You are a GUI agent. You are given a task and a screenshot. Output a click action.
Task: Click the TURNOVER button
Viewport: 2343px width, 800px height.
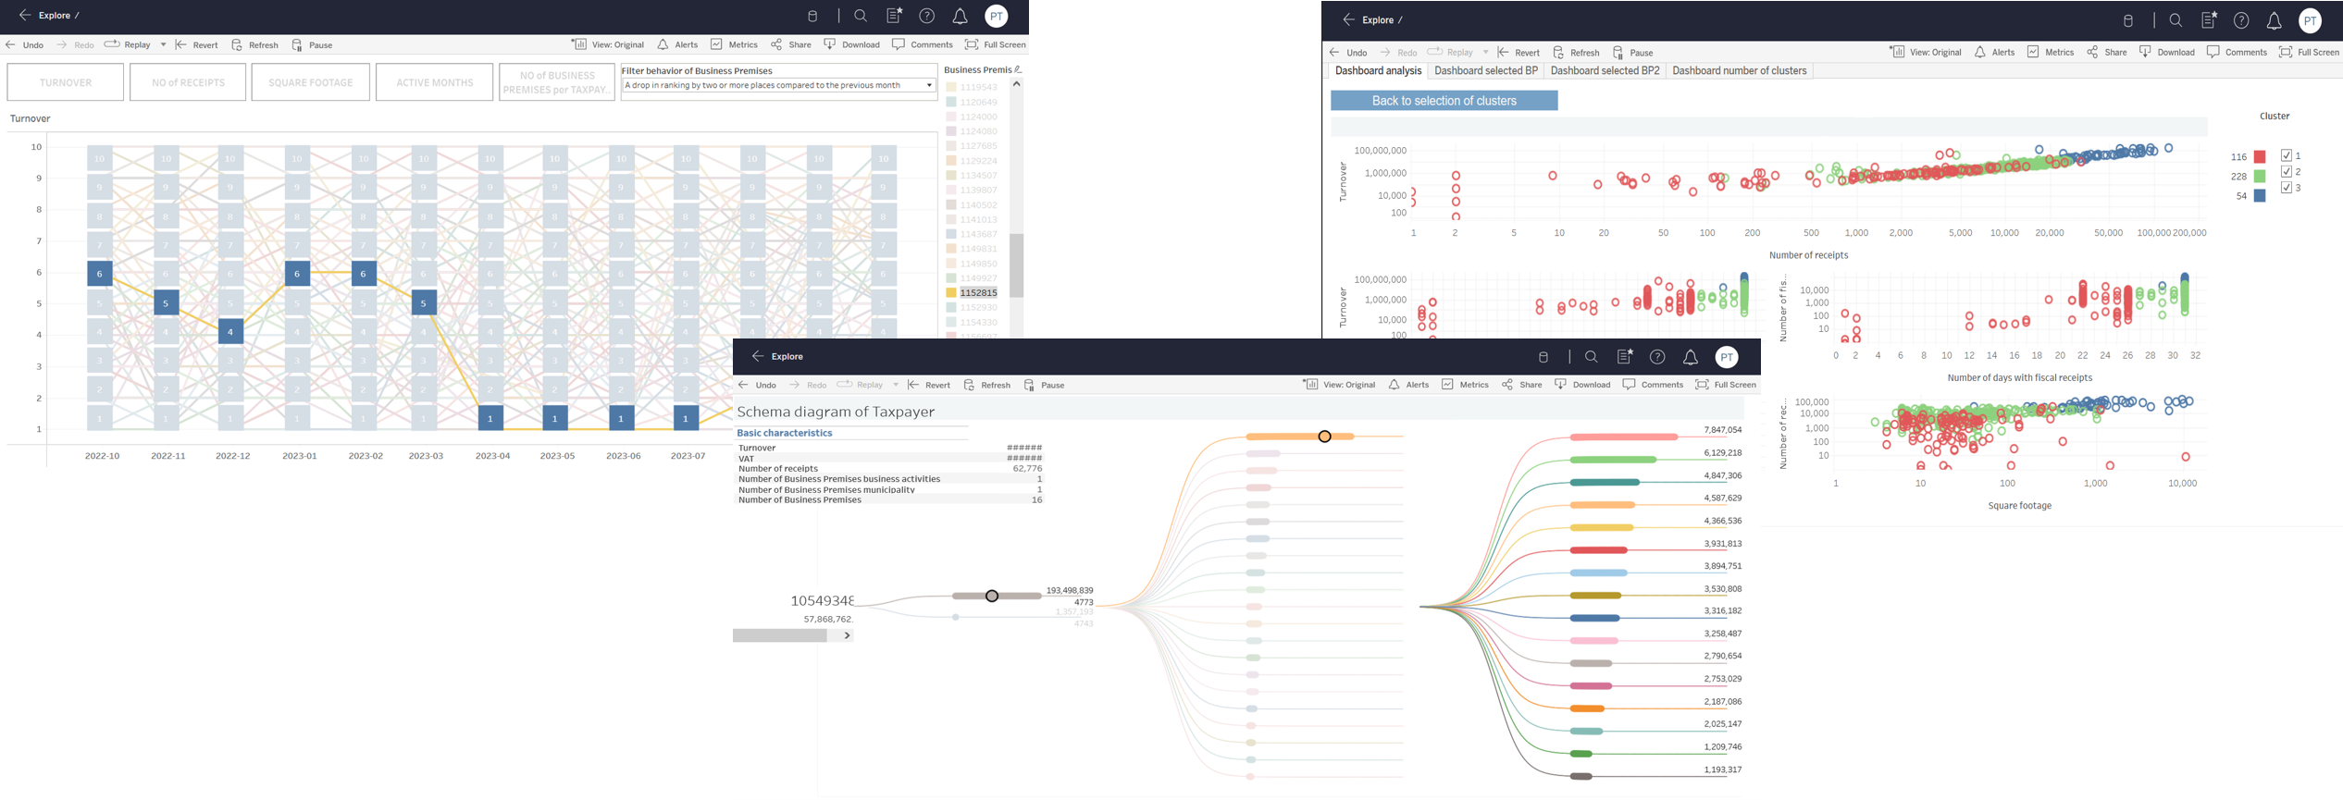tap(65, 82)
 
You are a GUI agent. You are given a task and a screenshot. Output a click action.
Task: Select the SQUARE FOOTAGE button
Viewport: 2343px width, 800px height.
tap(310, 82)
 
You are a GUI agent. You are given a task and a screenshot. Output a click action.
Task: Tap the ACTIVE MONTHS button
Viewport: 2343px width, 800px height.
tap(434, 82)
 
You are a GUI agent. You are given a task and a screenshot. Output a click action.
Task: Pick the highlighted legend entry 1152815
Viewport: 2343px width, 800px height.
tap(977, 293)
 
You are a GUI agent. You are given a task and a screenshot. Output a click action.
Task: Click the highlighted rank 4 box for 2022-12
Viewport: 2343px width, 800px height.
tap(230, 331)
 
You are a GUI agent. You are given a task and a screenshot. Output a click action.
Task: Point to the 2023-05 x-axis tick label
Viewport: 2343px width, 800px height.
tap(557, 456)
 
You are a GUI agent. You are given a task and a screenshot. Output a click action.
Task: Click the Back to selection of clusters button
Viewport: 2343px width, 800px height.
tap(1444, 101)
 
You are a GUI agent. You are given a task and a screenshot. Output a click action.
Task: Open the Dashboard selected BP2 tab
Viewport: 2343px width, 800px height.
tap(1605, 71)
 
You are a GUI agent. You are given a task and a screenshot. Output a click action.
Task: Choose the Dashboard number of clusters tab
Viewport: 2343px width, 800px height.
tap(1739, 71)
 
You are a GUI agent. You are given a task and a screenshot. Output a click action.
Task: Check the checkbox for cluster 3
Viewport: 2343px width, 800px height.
tap(2287, 188)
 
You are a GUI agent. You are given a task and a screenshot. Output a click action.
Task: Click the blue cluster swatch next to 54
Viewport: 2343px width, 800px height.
tap(2260, 196)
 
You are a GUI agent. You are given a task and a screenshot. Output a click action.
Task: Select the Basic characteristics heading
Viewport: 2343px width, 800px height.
tap(784, 433)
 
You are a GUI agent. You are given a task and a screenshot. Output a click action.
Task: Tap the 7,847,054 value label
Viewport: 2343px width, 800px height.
tap(1722, 430)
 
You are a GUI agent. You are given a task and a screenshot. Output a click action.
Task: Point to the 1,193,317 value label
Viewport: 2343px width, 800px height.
tap(1722, 769)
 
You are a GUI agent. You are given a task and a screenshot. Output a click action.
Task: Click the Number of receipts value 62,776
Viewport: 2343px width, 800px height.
tap(1027, 469)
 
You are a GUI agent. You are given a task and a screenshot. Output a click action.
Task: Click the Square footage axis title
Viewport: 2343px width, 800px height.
tap(2019, 506)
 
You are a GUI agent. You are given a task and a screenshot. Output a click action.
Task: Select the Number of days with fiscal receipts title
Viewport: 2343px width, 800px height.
tap(2019, 377)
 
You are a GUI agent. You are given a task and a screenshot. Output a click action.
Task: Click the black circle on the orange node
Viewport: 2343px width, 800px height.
tap(1324, 437)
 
